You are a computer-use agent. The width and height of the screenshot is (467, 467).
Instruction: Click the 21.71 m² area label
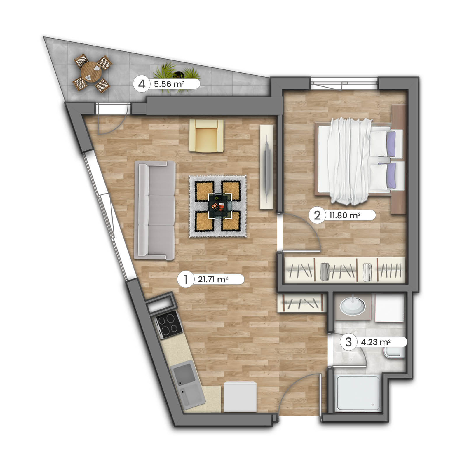click(x=213, y=279)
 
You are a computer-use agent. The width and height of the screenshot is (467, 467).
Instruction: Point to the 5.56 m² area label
click(x=169, y=84)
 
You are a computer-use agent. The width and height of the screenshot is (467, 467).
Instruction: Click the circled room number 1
click(x=186, y=279)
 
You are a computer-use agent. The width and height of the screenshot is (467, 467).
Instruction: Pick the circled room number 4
click(x=142, y=84)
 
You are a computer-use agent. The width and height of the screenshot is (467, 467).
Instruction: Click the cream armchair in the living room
click(x=207, y=136)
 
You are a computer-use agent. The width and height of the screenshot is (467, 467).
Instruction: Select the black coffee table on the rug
click(x=220, y=206)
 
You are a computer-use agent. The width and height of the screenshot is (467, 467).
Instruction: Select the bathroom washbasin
click(x=353, y=306)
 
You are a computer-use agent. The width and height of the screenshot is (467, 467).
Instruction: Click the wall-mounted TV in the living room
click(x=266, y=166)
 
